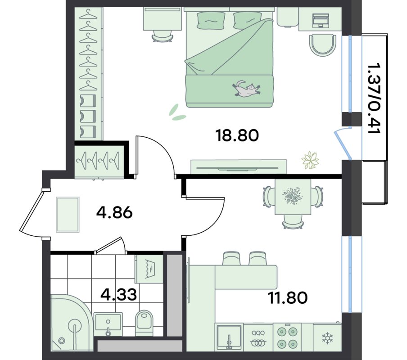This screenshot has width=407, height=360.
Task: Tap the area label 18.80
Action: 237,135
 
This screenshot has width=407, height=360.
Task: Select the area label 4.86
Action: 114,213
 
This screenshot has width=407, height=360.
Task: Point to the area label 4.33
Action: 118,294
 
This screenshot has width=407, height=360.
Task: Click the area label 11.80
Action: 288,297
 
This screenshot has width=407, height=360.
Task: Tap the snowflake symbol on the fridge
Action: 327,338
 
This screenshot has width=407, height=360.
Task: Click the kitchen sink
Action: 229,337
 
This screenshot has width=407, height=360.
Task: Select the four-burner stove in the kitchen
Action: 287,337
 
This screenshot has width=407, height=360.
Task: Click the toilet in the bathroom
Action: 144,322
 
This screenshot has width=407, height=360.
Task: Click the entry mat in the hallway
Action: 68,215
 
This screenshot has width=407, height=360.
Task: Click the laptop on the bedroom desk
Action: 321,21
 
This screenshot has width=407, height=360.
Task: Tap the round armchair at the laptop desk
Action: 322,45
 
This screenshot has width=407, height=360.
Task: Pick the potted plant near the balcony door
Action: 310,160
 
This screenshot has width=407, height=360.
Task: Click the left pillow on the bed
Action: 211,21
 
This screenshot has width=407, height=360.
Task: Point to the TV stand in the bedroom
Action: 239,166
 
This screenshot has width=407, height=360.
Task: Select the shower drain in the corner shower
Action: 62,341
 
